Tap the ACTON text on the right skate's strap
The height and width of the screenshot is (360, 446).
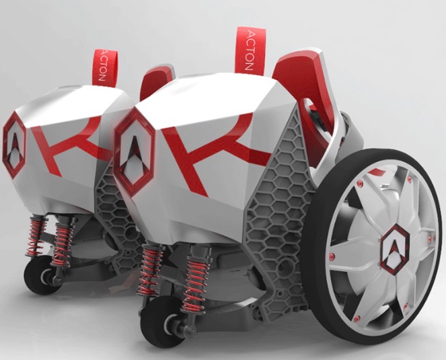(x=249, y=50)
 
